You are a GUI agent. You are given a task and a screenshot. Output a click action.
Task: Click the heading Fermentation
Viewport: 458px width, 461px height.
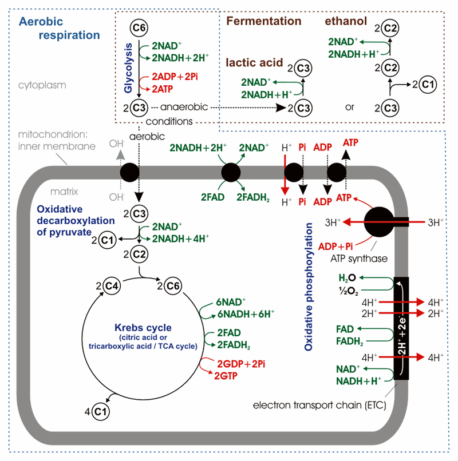263,22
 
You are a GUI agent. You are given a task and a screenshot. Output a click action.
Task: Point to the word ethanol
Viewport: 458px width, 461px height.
345,22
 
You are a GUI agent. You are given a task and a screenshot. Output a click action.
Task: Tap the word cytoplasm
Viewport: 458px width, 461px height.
42,85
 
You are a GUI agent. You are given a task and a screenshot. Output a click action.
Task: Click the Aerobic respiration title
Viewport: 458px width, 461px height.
59,28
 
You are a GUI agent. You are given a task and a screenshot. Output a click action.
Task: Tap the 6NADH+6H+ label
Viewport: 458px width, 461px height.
245,313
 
